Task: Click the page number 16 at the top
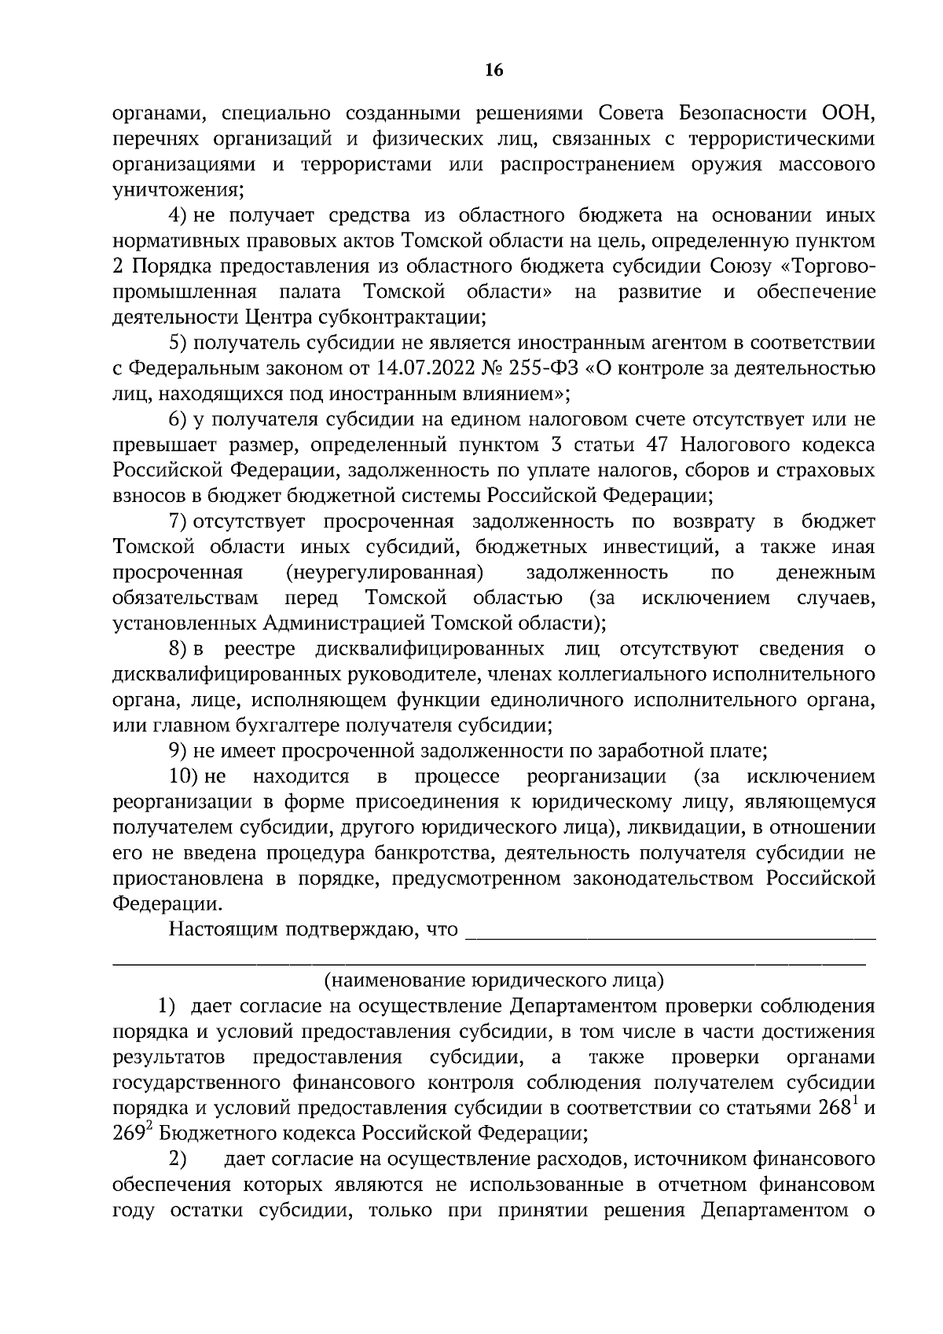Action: tap(494, 71)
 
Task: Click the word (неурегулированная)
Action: tap(384, 573)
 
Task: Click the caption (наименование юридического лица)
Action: tap(494, 980)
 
